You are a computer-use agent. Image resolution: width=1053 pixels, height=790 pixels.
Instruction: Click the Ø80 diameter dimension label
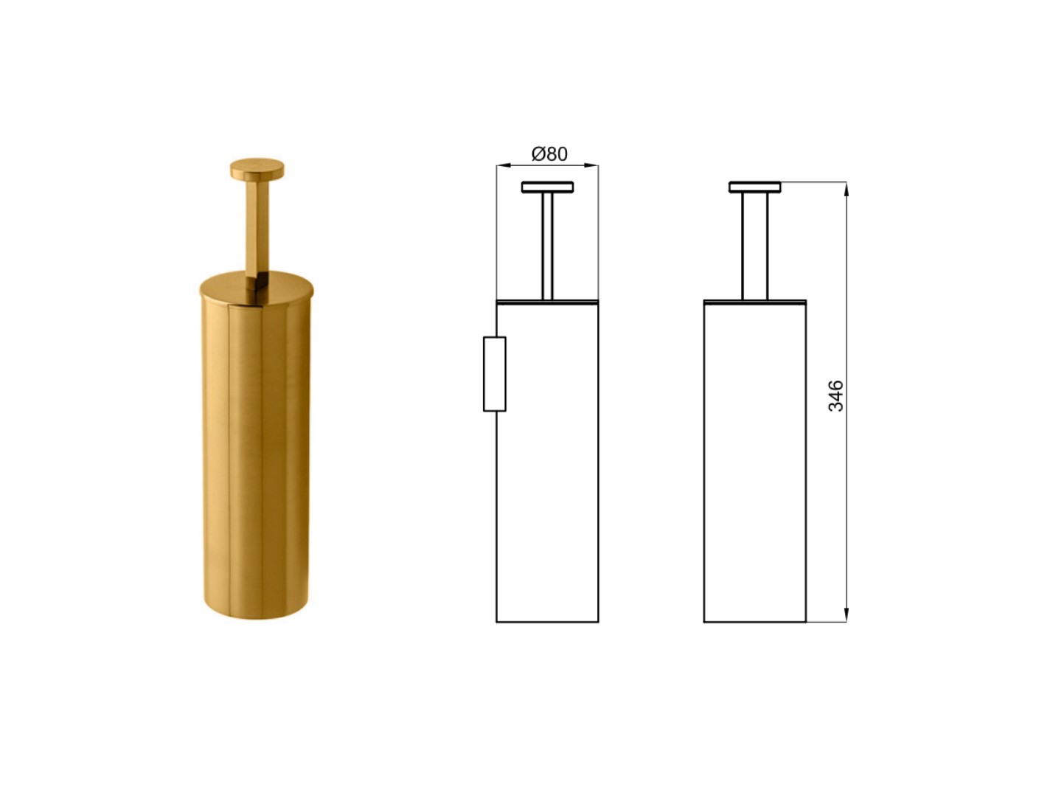tap(549, 154)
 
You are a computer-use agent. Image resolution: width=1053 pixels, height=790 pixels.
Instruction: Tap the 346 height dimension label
tap(835, 395)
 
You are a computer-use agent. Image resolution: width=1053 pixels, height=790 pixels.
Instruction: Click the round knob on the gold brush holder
tap(257, 170)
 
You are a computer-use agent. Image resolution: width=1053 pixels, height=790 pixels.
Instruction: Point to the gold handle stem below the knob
tap(257, 229)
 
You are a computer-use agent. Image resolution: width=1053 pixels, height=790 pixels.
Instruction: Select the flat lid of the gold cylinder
tap(256, 287)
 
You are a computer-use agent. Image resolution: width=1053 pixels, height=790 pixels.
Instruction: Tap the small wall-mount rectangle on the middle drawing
tap(495, 374)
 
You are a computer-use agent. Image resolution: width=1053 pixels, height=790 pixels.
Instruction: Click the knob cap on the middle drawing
tap(547, 187)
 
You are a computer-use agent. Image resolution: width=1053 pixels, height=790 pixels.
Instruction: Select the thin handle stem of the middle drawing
tap(547, 246)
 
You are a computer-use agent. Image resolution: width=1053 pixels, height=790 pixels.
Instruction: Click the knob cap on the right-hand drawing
tap(754, 187)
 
